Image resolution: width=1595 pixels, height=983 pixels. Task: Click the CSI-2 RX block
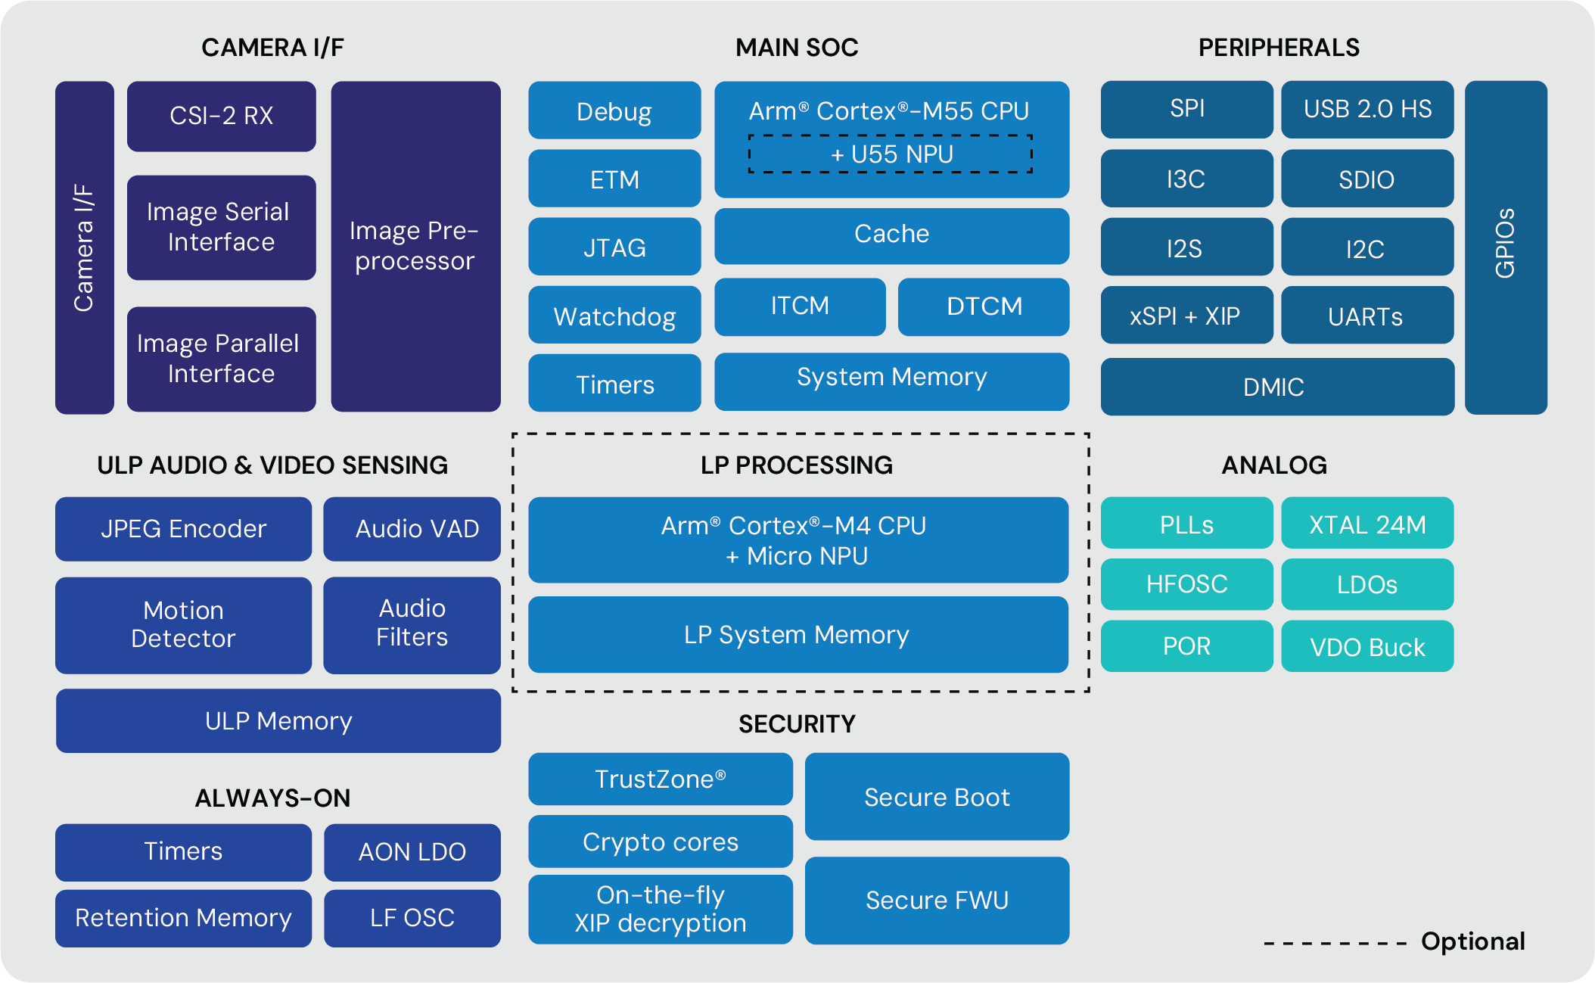[x=221, y=116]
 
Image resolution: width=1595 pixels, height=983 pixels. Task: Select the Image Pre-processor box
[x=415, y=246]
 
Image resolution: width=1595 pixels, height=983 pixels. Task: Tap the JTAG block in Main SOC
[x=614, y=247]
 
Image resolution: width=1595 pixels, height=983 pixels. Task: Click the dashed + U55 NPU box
[x=891, y=154]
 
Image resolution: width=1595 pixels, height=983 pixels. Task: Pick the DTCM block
[x=984, y=306]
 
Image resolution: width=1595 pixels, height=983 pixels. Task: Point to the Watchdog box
[x=614, y=316]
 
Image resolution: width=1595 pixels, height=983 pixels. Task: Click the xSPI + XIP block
[x=1186, y=316]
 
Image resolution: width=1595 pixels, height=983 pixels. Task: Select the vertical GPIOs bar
[x=1506, y=247]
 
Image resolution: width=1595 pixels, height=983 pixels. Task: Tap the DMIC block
[x=1276, y=387]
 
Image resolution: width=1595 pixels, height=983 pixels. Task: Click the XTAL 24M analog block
[x=1367, y=524]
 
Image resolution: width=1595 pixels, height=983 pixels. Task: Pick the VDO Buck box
[x=1367, y=647]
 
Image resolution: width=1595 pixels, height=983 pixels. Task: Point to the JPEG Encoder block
[x=183, y=528]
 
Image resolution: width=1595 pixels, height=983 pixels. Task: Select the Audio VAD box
[x=412, y=528]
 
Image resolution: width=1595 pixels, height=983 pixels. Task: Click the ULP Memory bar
[x=278, y=720]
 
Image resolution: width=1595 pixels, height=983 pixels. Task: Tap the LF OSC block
[x=412, y=918]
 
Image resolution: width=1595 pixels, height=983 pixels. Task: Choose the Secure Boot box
[x=937, y=797]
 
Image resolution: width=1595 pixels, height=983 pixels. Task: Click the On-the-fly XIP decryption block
[x=660, y=909]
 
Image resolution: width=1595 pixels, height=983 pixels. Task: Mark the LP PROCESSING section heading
[x=797, y=465]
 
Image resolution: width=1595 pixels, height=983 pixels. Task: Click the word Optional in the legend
[x=1472, y=941]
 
